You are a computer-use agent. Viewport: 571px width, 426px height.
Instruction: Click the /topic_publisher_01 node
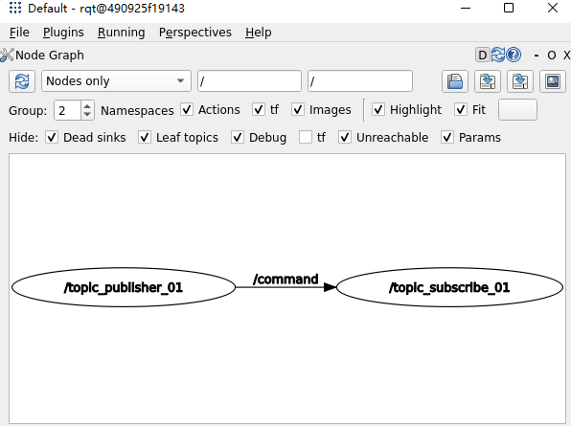(124, 287)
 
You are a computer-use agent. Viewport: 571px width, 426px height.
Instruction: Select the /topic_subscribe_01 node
(449, 287)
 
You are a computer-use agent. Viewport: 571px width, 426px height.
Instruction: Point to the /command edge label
(285, 279)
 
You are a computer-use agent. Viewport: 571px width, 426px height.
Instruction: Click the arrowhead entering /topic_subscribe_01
(330, 287)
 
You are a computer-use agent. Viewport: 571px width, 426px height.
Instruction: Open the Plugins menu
(63, 33)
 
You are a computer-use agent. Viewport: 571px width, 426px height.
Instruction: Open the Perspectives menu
(195, 33)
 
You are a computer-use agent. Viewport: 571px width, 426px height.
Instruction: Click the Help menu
(258, 33)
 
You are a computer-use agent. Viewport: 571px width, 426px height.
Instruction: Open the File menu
(19, 33)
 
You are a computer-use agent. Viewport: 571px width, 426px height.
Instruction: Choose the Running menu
(122, 33)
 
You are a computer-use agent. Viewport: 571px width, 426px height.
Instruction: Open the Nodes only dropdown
(116, 80)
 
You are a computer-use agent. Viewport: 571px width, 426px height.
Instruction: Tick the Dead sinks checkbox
(52, 137)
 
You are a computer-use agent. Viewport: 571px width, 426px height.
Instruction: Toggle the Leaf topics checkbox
(145, 137)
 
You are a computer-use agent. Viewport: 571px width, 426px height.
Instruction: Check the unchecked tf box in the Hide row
(306, 137)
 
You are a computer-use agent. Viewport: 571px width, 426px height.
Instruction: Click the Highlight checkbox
(378, 109)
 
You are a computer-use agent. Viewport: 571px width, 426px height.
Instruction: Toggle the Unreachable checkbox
(345, 137)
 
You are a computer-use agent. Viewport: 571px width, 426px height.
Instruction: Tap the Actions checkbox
(187, 109)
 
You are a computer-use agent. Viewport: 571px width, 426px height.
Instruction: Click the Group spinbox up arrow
(87, 106)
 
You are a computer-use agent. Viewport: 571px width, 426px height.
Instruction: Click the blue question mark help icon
(514, 55)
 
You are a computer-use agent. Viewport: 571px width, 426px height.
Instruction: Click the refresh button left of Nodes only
(22, 80)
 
